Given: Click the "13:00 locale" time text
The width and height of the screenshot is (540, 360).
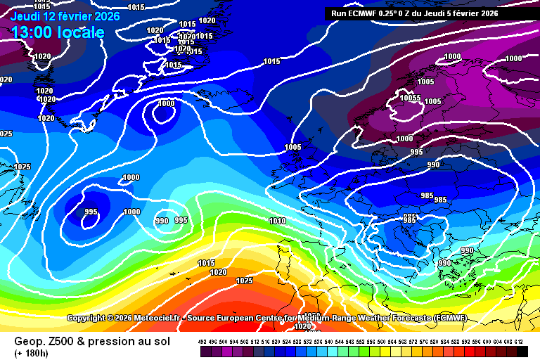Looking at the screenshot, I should pyautogui.click(x=58, y=32).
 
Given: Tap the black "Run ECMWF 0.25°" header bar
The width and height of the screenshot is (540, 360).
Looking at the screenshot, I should pyautogui.click(x=415, y=13).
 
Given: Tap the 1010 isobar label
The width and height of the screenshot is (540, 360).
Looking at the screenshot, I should pyautogui.click(x=277, y=221).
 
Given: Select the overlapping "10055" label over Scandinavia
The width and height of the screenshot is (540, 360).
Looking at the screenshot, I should pyautogui.click(x=410, y=98).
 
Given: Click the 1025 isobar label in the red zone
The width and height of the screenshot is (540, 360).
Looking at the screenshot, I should pyautogui.click(x=244, y=281).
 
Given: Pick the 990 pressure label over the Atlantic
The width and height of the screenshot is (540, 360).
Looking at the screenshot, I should pyautogui.click(x=162, y=221).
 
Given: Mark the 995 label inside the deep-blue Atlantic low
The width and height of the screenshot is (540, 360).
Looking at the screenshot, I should pyautogui.click(x=91, y=212).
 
